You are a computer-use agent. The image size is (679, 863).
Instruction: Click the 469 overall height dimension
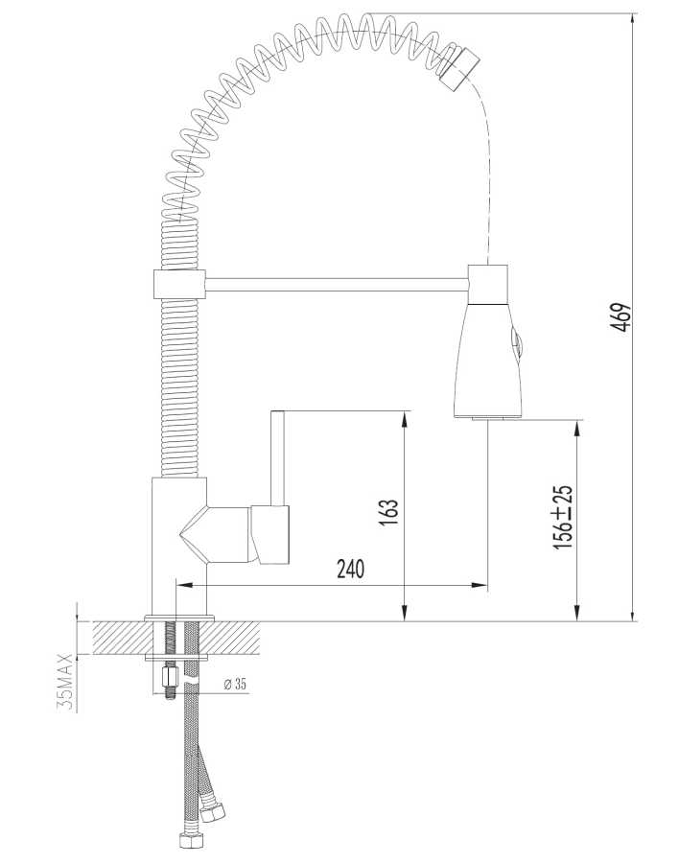(x=621, y=316)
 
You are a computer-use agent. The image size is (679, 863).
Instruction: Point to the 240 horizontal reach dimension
(x=351, y=569)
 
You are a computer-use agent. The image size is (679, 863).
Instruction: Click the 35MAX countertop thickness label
(x=65, y=682)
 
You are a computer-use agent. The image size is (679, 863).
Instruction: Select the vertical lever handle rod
(x=278, y=456)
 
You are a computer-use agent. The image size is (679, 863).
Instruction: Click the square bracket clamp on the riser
(x=178, y=283)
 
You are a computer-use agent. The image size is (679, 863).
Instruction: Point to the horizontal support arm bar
(x=336, y=282)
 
